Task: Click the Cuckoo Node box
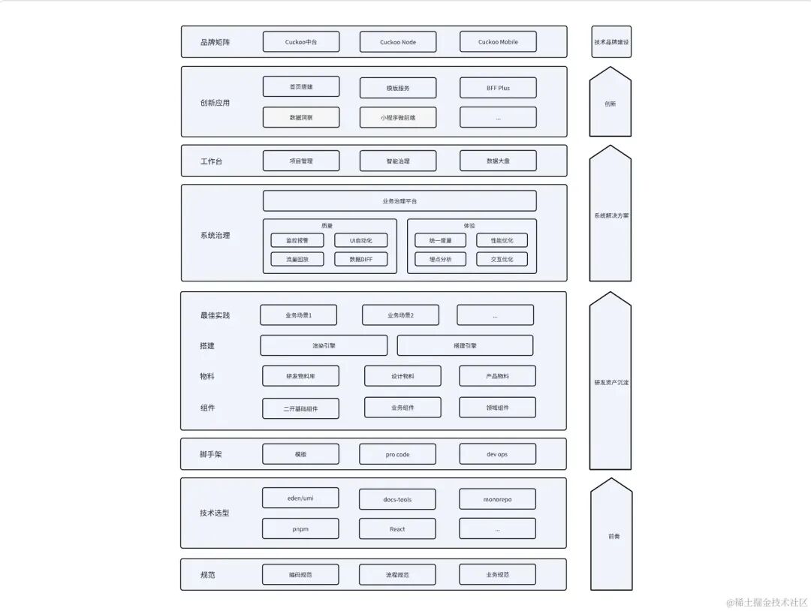coord(398,42)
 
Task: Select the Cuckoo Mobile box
coord(498,42)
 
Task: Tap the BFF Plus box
coord(498,87)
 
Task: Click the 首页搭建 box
coord(301,87)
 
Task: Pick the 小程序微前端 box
coord(398,117)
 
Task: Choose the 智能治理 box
coord(398,161)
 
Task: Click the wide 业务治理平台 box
coord(399,201)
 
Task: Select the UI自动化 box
coord(361,240)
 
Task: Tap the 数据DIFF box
coord(361,259)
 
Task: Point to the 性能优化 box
coord(502,240)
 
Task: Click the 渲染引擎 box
coord(324,345)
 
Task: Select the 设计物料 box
coord(402,376)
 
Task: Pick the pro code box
coord(398,454)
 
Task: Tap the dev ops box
coord(498,454)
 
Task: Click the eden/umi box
coord(300,498)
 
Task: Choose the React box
coord(398,529)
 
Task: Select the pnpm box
coord(300,529)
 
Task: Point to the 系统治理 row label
coord(215,236)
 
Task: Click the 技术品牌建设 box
coord(611,42)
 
